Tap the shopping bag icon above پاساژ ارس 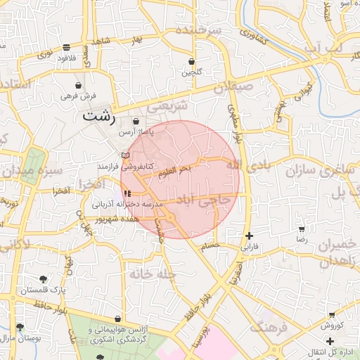pyautogui.click(x=136, y=122)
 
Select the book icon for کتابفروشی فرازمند pyautogui.click(x=125, y=155)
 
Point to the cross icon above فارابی pyautogui.click(x=248, y=236)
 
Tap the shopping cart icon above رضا pyautogui.click(x=302, y=229)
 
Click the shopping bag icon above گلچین pyautogui.click(x=191, y=61)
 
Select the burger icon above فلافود pyautogui.click(x=66, y=48)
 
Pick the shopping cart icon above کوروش pyautogui.click(x=331, y=315)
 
